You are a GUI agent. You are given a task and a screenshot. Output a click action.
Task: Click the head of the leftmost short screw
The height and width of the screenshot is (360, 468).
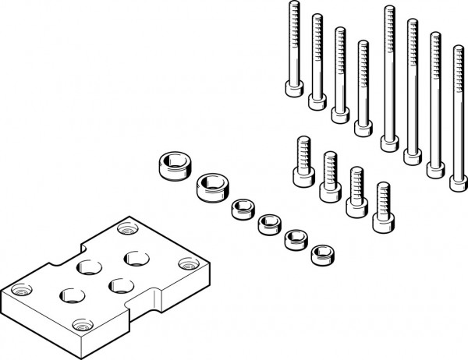coord(302,175)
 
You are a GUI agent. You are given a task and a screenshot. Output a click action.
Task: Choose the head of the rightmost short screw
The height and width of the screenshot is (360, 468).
coord(381,221)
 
